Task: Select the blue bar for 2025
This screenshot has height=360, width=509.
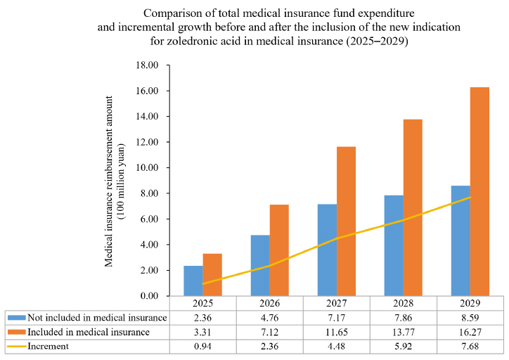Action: click(x=193, y=281)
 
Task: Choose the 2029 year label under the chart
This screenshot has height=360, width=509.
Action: click(x=470, y=304)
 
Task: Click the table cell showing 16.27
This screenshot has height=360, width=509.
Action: click(x=470, y=332)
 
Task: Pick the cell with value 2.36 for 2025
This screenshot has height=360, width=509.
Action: click(x=202, y=318)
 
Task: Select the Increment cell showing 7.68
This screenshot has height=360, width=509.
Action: click(x=470, y=346)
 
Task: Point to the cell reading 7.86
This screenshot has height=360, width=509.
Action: click(x=403, y=318)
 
